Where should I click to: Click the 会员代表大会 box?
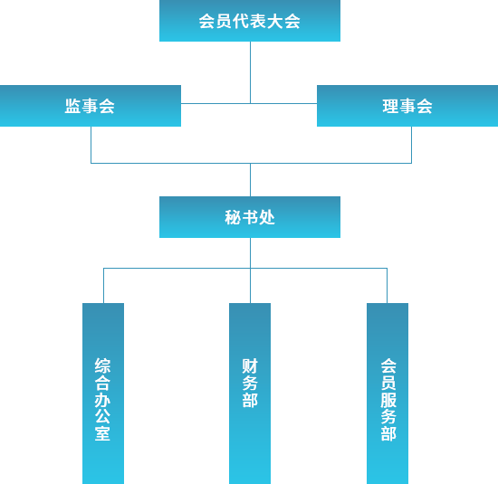250,21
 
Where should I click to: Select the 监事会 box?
91,106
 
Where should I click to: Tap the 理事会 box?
407,106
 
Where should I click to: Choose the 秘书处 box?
250,217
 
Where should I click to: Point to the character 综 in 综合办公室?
102,365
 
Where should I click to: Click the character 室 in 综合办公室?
102,433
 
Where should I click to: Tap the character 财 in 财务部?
250,365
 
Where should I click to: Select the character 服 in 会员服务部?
388,400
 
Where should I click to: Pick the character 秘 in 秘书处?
233,217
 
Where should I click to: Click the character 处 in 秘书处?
267,217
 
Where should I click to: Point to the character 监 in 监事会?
72,106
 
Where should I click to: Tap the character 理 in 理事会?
390,106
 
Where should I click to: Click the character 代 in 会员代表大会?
241,22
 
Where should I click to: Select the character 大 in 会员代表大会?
275,22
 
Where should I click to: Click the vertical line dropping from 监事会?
91,145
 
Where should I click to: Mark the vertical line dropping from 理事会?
412,145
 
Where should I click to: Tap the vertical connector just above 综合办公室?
103,286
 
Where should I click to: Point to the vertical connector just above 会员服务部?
387,286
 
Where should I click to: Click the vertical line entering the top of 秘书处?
250,180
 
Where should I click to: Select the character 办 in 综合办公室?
102,399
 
